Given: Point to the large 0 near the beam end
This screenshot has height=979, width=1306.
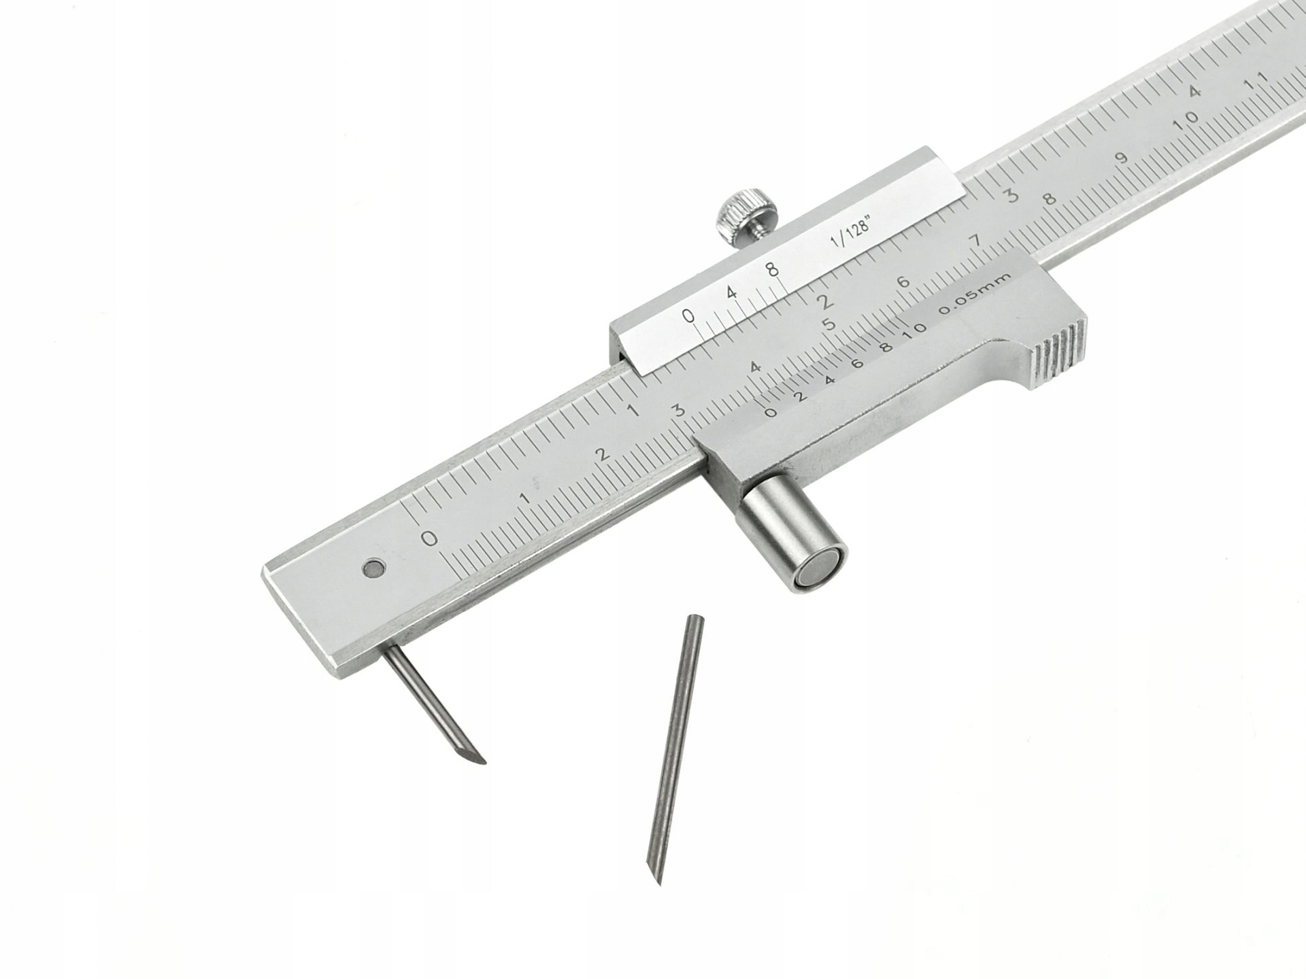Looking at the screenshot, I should (429, 538).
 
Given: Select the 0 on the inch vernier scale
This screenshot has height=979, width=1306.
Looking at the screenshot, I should (689, 315).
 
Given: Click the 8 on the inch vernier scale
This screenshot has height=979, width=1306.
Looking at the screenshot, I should (771, 269).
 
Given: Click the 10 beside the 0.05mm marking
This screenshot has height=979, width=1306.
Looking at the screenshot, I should (916, 328).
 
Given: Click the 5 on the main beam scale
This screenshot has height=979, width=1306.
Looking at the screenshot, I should (828, 324).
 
